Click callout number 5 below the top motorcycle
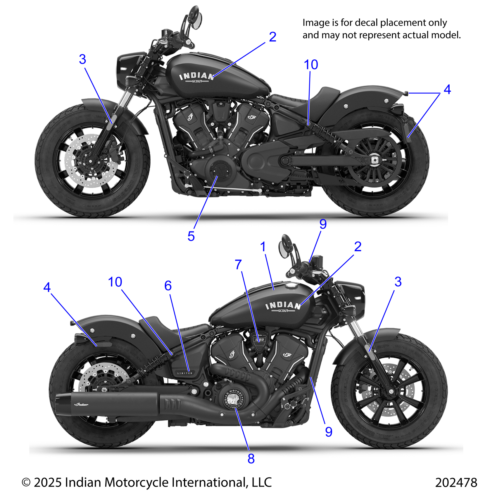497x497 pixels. [x=191, y=236]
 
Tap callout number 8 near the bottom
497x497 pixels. [x=251, y=458]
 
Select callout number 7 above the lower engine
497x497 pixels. [x=238, y=265]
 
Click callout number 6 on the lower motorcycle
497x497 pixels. [x=168, y=286]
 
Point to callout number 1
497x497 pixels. [x=263, y=246]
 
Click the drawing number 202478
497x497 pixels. [x=456, y=482]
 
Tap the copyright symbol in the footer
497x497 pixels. [x=26, y=482]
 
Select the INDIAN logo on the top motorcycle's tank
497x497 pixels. [x=196, y=77]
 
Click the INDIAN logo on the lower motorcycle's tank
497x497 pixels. [x=283, y=306]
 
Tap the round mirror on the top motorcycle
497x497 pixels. [x=196, y=18]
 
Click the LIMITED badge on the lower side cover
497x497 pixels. [x=185, y=373]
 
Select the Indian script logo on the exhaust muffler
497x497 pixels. [x=82, y=405]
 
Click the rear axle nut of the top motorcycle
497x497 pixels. [x=374, y=160]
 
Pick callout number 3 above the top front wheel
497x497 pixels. [x=82, y=59]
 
